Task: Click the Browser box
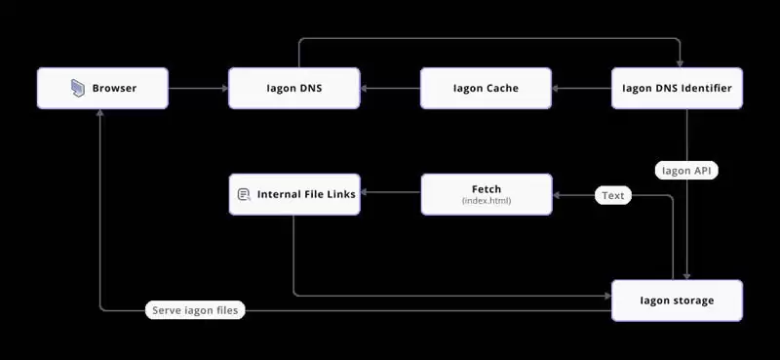coord(102,88)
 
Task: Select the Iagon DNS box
coord(293,88)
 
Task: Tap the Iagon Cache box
coord(486,88)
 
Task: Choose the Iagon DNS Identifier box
coord(677,88)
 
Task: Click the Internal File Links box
coord(293,194)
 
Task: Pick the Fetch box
coord(486,194)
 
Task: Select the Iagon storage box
coord(677,300)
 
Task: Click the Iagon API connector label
coord(689,170)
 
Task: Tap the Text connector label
coord(612,195)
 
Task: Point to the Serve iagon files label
coord(195,310)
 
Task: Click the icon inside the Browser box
coord(78,89)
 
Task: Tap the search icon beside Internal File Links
coord(244,195)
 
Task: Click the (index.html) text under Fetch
coord(486,201)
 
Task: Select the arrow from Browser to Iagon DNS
coord(198,89)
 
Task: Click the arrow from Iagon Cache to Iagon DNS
coord(390,89)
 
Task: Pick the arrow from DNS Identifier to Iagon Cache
coord(581,89)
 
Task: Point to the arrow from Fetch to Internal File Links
coord(390,194)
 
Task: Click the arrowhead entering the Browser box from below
coord(101,112)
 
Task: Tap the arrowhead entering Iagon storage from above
coord(689,275)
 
